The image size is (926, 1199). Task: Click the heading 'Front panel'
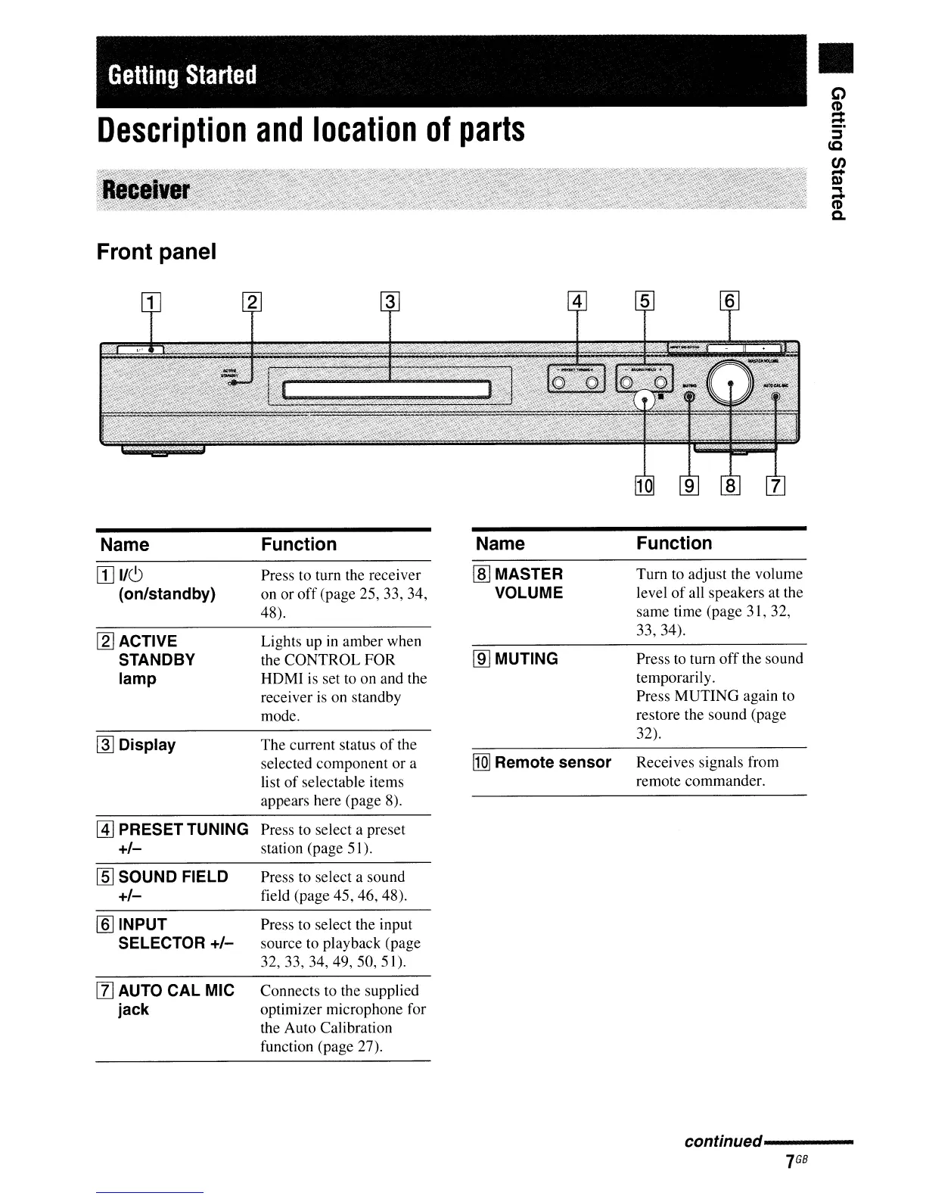[157, 252]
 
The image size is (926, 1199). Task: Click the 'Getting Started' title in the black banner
[183, 76]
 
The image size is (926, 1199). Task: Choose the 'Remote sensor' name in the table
[552, 762]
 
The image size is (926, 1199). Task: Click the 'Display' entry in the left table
[147, 745]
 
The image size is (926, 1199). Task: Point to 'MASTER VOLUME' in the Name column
[528, 583]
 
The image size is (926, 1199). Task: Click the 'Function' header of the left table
[299, 544]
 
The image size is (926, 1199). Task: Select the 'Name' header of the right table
[500, 543]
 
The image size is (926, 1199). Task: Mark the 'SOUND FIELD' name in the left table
[173, 877]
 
